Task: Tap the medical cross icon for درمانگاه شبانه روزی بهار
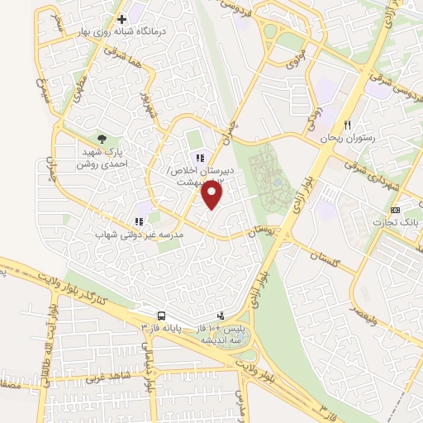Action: (x=121, y=18)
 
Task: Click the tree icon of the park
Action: (x=102, y=140)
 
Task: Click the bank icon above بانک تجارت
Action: (x=395, y=210)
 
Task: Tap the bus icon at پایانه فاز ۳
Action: (x=161, y=316)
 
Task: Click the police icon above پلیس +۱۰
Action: (x=220, y=315)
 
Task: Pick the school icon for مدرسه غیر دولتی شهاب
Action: (x=138, y=221)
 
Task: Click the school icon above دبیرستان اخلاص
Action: (x=199, y=159)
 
